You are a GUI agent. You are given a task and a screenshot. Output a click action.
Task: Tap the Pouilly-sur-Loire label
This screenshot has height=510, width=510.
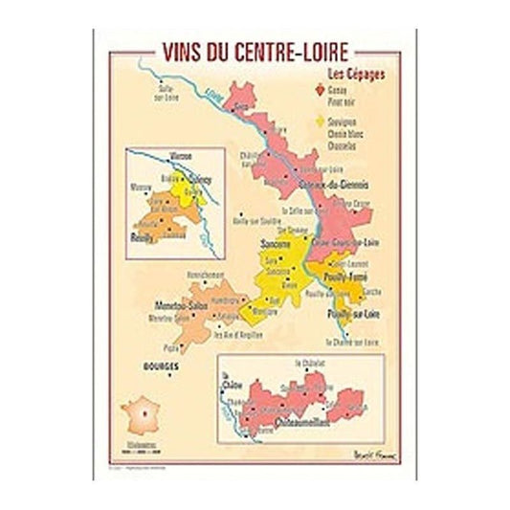[x=350, y=313]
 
